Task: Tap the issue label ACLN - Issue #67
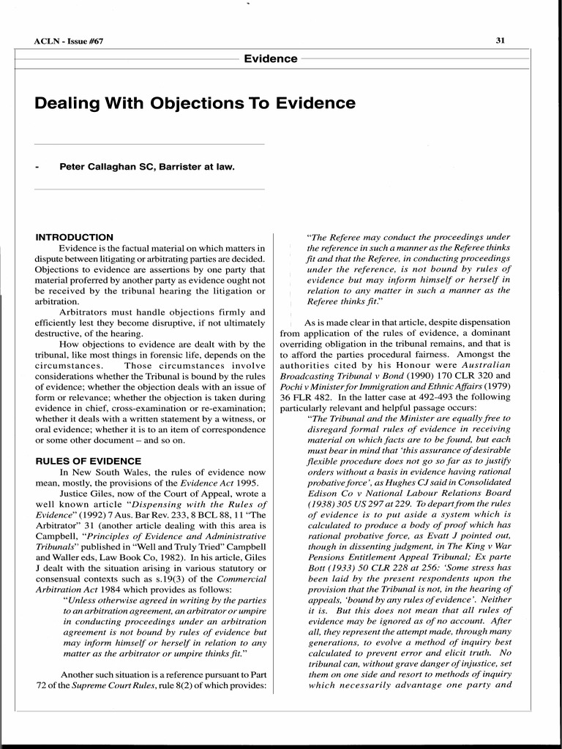[x=70, y=41]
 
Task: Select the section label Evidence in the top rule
[x=270, y=59]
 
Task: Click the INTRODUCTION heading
[x=75, y=237]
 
